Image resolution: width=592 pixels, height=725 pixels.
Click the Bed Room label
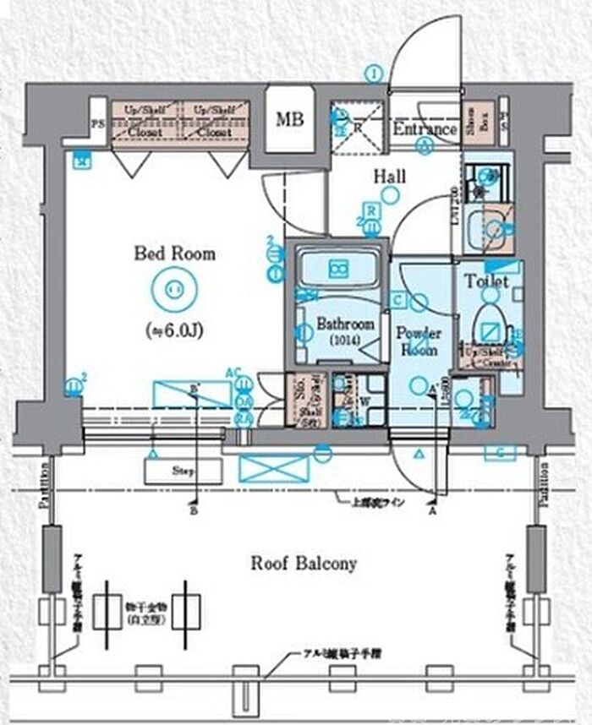tap(175, 253)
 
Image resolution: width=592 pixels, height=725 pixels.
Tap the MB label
tap(290, 119)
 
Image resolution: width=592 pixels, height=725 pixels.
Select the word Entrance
tap(425, 129)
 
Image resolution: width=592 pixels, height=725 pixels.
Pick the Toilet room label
tap(486, 281)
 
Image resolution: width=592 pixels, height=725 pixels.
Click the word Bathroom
tap(345, 324)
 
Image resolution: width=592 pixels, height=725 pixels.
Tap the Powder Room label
tap(420, 340)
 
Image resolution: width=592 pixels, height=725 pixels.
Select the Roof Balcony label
tap(303, 564)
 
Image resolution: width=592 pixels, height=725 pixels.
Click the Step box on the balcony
tap(184, 471)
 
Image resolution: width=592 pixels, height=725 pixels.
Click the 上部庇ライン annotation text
tap(379, 503)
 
